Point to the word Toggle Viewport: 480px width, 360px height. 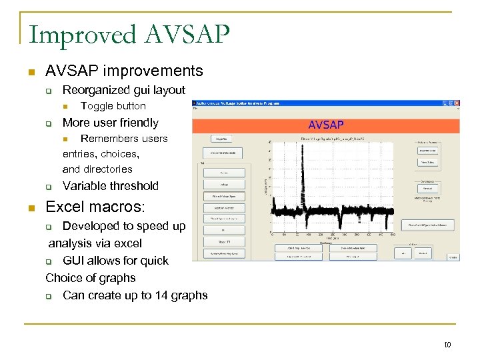(x=96, y=106)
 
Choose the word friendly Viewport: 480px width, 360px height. (x=137, y=123)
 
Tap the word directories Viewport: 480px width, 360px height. (x=108, y=169)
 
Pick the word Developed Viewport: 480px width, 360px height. (x=91, y=227)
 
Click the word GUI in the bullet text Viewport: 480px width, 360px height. (x=74, y=261)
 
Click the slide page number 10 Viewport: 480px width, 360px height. (x=447, y=345)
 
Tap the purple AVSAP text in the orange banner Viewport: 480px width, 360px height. (x=325, y=125)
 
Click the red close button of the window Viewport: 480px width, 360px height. (x=457, y=103)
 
